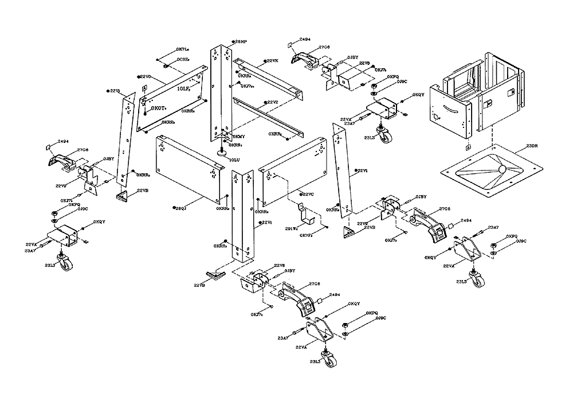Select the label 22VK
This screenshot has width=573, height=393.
coord(272,61)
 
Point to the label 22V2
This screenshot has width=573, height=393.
coord(272,102)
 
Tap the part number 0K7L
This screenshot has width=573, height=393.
coord(184,50)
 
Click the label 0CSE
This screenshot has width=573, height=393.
coord(183,59)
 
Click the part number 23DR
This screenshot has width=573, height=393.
coord(532,146)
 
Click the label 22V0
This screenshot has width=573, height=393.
coord(144,76)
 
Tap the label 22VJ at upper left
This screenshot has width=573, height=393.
coord(115,91)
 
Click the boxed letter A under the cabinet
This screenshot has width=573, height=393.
coord(468,147)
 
